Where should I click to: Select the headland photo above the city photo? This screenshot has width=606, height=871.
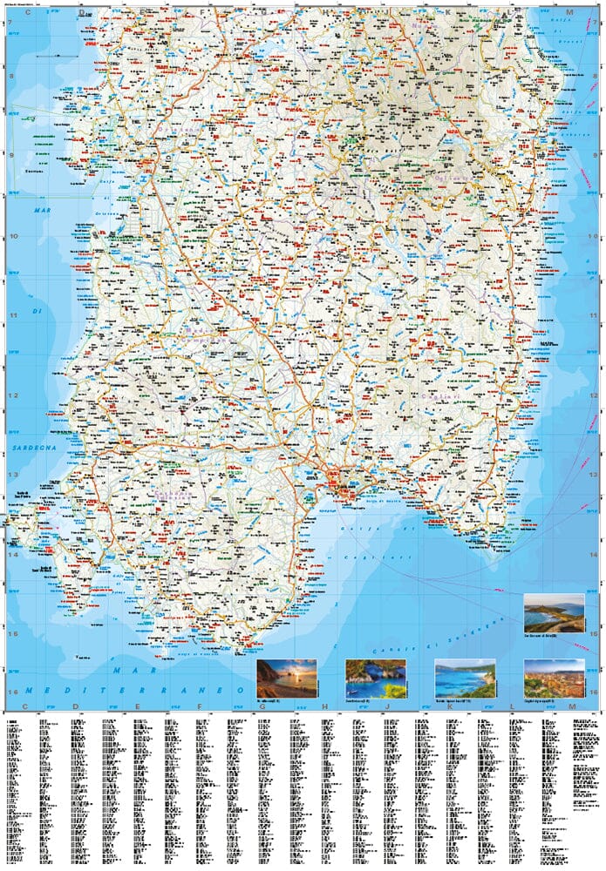click(555, 612)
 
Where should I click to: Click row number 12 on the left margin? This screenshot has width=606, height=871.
click(10, 395)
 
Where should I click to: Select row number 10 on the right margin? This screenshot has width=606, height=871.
click(596, 235)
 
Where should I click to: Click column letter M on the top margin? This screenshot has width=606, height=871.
click(568, 12)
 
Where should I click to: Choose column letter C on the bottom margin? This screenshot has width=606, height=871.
click(26, 706)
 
